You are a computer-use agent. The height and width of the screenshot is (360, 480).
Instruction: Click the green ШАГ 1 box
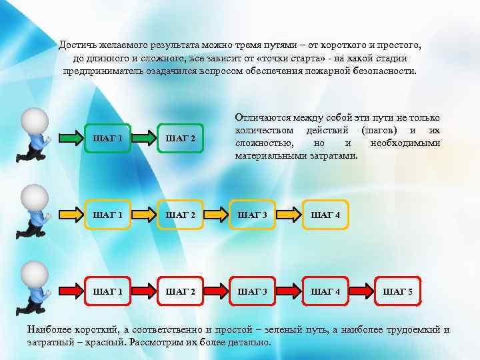(108, 139)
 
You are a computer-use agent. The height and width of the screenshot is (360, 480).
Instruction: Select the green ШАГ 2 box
(180, 139)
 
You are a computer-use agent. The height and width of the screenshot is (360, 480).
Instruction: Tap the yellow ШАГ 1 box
(108, 215)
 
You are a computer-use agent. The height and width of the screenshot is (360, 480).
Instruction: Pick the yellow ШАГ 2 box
(180, 215)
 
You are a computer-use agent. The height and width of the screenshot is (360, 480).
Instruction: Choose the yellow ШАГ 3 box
(252, 215)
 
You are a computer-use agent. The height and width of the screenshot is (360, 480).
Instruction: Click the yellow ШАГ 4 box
(325, 215)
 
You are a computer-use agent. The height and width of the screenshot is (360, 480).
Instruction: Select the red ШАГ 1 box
(108, 292)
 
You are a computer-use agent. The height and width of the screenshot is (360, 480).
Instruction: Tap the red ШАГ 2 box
(180, 292)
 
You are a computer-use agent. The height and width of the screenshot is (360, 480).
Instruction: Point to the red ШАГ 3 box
(252, 292)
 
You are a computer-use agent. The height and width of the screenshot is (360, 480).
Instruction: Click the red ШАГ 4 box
(325, 292)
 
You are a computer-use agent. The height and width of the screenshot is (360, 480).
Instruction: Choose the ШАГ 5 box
(397, 292)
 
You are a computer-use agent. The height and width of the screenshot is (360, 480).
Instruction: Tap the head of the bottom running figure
(34, 274)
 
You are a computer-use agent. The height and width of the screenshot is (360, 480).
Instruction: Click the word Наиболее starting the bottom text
(47, 329)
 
